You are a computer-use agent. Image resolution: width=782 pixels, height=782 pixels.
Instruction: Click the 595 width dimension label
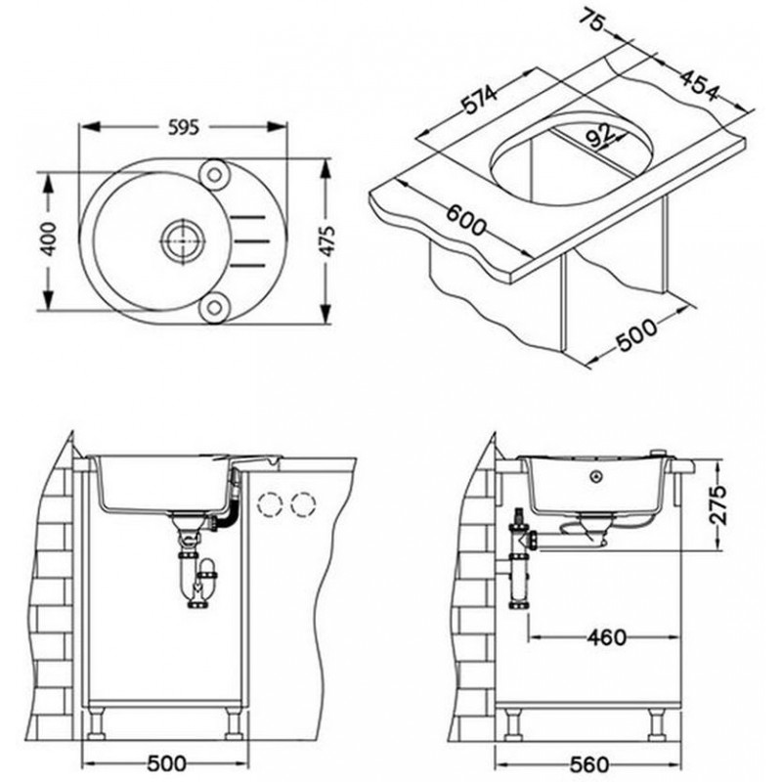click(x=183, y=127)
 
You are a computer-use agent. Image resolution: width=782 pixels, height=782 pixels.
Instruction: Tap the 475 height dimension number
click(x=326, y=240)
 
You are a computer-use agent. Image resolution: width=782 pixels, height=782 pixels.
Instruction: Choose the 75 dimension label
click(x=593, y=21)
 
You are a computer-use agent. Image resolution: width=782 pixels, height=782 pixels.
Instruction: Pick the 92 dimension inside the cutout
click(x=599, y=135)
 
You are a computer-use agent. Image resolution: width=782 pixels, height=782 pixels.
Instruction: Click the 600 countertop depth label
click(x=465, y=220)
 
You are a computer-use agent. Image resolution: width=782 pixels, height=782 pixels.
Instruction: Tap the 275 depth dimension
click(x=717, y=503)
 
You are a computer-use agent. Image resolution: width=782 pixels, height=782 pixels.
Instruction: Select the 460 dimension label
click(x=606, y=637)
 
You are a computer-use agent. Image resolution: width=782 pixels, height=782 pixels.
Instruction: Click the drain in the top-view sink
click(x=184, y=240)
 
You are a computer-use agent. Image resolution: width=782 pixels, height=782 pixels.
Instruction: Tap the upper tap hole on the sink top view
click(x=214, y=175)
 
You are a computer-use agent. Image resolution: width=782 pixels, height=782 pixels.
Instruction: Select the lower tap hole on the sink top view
click(x=214, y=308)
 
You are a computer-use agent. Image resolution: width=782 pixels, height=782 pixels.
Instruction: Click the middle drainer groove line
click(x=251, y=241)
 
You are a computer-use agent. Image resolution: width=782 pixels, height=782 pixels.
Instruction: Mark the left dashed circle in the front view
click(x=271, y=503)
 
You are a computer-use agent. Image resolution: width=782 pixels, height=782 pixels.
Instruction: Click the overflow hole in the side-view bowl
click(x=596, y=476)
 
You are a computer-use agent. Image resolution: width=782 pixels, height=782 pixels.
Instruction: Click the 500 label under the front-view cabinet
click(x=166, y=763)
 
